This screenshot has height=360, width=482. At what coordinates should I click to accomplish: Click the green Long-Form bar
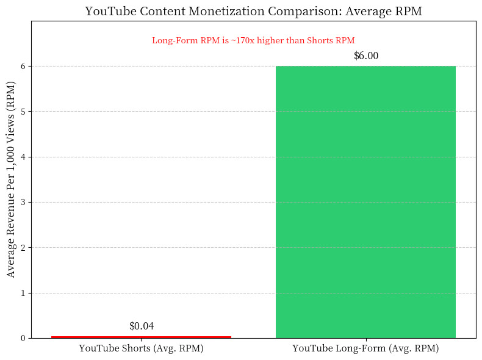click(x=365, y=201)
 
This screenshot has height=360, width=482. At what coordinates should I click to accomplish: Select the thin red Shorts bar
click(x=141, y=337)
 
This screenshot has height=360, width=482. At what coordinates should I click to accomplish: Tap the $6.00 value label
click(x=365, y=56)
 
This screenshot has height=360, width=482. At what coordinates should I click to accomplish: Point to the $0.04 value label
click(x=141, y=326)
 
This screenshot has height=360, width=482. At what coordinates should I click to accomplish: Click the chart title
click(x=253, y=11)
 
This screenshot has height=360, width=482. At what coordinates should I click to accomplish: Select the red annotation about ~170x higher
click(x=253, y=41)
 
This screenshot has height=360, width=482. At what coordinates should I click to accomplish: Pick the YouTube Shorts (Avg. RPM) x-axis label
click(x=141, y=349)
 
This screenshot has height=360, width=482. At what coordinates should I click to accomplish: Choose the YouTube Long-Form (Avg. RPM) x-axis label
click(x=365, y=349)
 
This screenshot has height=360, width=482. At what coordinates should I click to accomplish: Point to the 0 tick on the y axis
click(x=23, y=339)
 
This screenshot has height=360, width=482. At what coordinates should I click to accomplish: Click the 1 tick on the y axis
click(x=23, y=293)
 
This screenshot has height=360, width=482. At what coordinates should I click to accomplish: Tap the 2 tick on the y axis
click(x=23, y=248)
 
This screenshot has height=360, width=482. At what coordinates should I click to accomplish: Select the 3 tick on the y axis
click(x=23, y=202)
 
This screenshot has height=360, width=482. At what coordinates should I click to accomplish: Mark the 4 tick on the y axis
click(x=23, y=157)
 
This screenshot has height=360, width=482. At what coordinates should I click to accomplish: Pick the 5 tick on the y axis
click(x=23, y=112)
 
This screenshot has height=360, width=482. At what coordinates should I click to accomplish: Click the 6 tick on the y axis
click(x=23, y=66)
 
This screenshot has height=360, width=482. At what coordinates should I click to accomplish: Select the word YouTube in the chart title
click(x=106, y=11)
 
